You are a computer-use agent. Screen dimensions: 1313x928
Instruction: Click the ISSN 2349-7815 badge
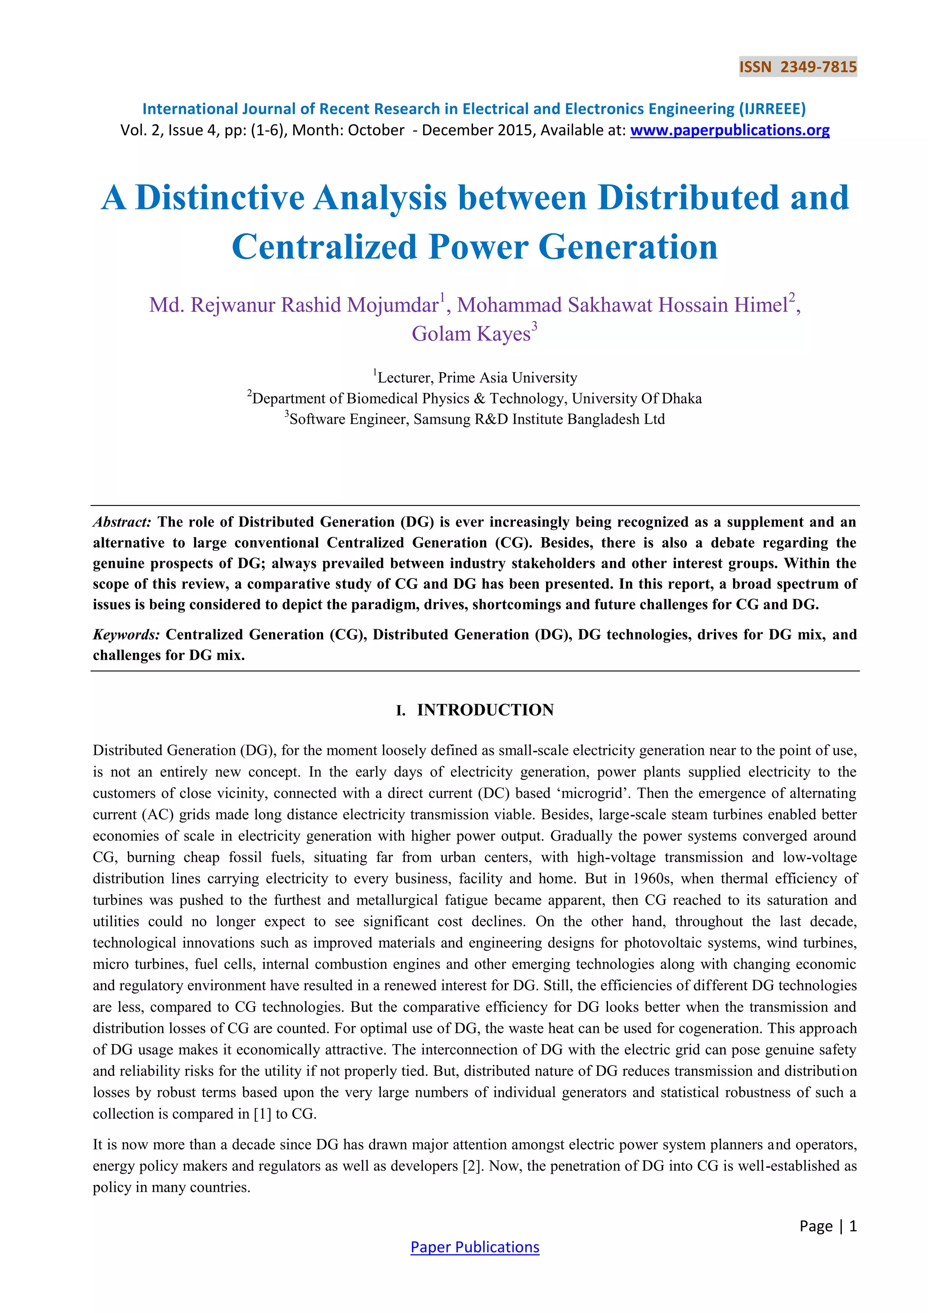(x=797, y=67)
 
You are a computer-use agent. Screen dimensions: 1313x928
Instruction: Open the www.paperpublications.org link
(x=730, y=131)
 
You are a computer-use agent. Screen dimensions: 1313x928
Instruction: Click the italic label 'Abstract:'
(x=122, y=522)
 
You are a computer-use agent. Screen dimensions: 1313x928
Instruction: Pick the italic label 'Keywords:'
(x=126, y=635)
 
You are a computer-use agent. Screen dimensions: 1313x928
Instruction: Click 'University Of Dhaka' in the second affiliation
(x=637, y=399)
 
